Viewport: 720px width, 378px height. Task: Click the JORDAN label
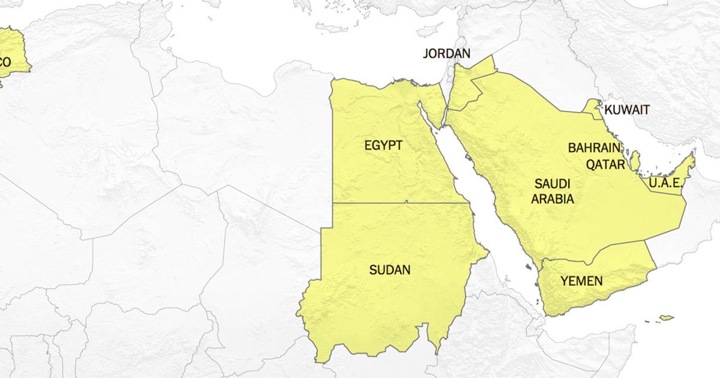[x=446, y=53]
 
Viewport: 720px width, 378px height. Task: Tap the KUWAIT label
[x=626, y=110]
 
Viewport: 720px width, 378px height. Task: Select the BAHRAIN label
[x=593, y=148]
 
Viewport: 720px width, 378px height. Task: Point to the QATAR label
[x=605, y=164]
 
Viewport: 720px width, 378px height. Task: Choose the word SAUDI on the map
[x=552, y=184]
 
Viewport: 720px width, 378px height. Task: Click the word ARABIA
[x=552, y=199]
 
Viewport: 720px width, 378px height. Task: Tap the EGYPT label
[x=383, y=145]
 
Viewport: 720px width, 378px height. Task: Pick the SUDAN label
[x=389, y=270]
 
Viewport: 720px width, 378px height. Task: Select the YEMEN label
[x=581, y=281]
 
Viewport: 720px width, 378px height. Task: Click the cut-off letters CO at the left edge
[x=5, y=62]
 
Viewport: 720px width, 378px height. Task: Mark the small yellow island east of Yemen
[x=665, y=317]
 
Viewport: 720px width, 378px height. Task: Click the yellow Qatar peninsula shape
[x=635, y=160]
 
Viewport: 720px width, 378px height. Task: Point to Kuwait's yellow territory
[x=594, y=108]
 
